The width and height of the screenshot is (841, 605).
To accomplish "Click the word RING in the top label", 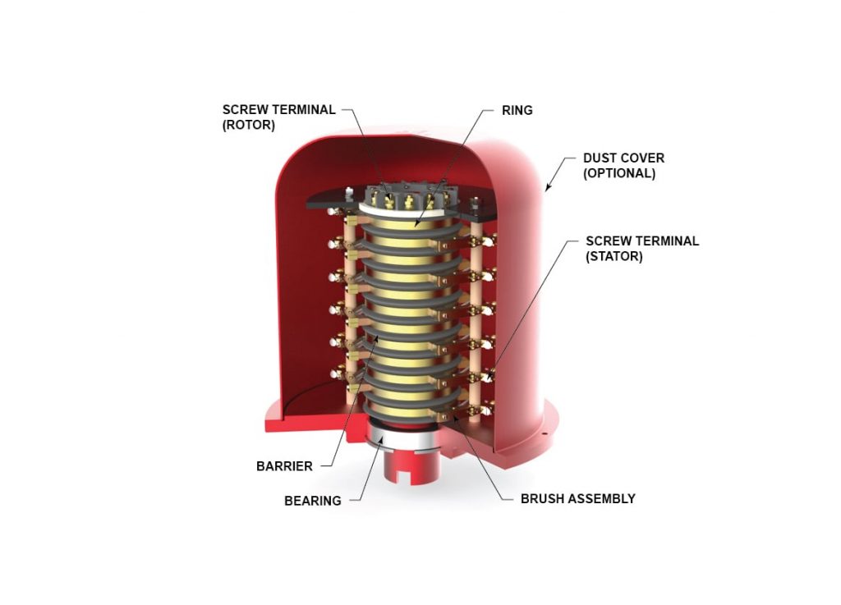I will click(517, 110).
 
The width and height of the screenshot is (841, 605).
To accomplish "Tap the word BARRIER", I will click(284, 466).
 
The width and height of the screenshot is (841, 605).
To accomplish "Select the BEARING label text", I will click(312, 500).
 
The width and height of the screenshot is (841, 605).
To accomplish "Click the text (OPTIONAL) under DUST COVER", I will click(618, 174).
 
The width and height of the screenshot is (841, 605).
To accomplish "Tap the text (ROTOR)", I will click(248, 126).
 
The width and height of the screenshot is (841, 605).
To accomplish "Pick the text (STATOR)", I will click(614, 257).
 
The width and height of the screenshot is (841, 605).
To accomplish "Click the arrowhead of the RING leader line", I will click(416, 223).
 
